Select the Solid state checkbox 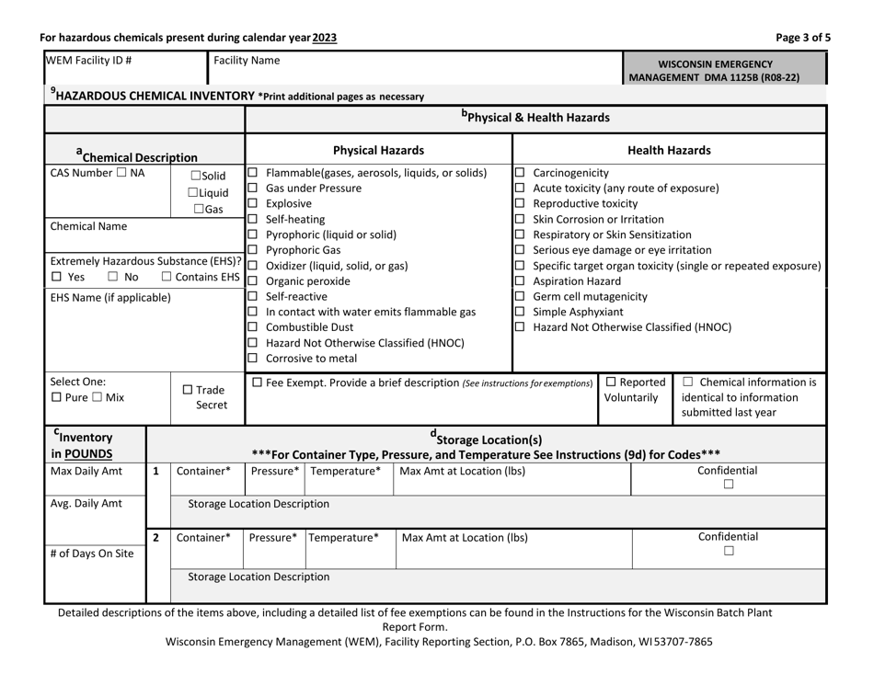click(x=196, y=177)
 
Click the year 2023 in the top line click(x=323, y=38)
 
